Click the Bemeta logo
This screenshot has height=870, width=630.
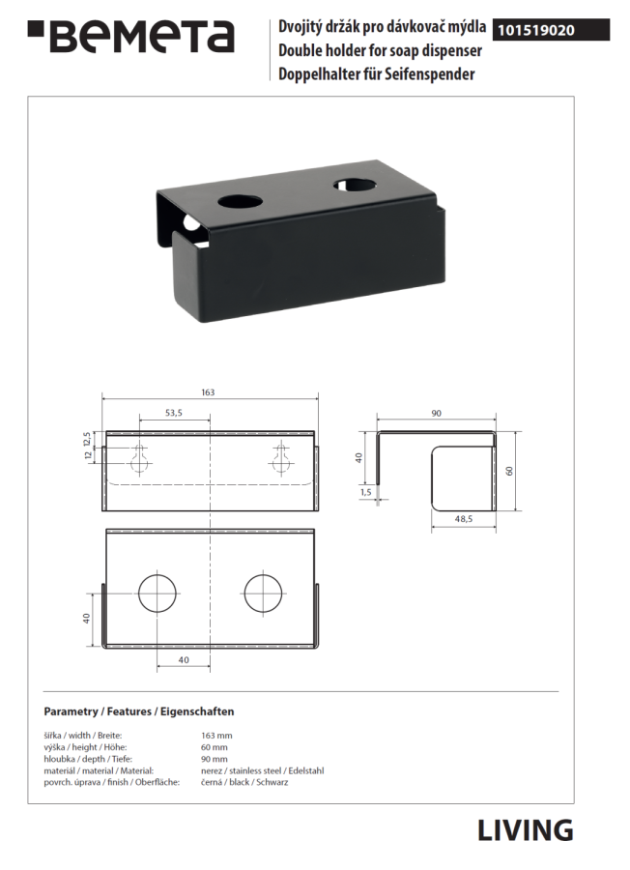[130, 37]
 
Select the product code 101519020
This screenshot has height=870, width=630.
[535, 31]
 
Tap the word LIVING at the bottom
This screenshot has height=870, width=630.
[526, 830]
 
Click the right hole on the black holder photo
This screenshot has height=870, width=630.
[355, 184]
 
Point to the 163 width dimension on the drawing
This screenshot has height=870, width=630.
[208, 392]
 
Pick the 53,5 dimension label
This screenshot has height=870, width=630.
[174, 413]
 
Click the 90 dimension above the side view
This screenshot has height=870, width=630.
[436, 414]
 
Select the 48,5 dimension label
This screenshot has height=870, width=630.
[463, 519]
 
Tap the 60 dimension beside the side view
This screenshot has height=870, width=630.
[509, 471]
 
